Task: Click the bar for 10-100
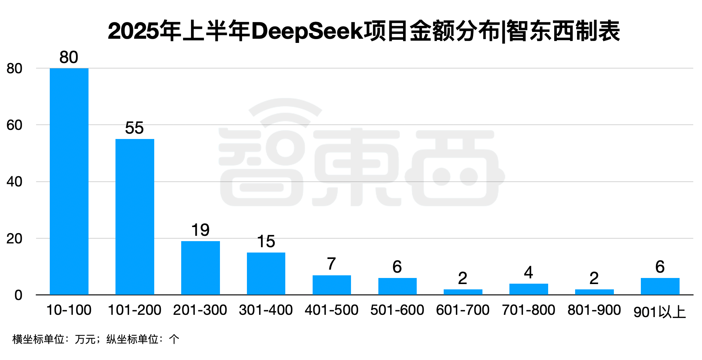tap(69, 182)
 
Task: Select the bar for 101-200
tap(135, 217)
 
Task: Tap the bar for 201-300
tap(201, 268)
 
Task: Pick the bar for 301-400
tap(266, 273)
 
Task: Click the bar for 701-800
tap(529, 289)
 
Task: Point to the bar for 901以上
tap(660, 286)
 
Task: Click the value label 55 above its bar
tap(134, 128)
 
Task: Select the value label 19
tap(200, 230)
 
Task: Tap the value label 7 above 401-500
tap(331, 264)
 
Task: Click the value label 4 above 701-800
tap(528, 273)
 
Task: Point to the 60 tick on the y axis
tap(14, 125)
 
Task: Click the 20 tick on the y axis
tap(14, 238)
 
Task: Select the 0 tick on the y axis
tap(18, 295)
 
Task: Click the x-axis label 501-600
tap(397, 310)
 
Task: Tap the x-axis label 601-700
tap(463, 310)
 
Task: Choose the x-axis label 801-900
tap(594, 310)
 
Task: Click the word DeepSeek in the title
tap(307, 31)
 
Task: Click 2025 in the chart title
tap(133, 31)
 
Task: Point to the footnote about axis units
tap(95, 339)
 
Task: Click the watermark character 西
tap(455, 167)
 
